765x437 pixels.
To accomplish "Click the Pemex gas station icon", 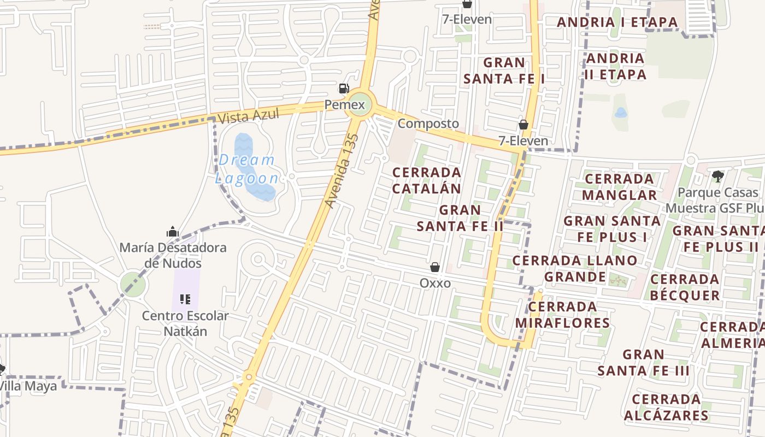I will (x=344, y=88).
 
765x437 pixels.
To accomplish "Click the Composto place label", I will (x=428, y=123).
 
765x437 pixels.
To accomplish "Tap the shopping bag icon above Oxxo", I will (x=435, y=267).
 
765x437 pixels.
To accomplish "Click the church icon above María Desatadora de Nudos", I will (x=173, y=232).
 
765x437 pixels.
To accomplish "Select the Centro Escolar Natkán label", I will (x=185, y=323).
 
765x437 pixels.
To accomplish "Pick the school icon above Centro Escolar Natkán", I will (x=185, y=299).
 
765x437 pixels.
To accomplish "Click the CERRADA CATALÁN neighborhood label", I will (x=427, y=180).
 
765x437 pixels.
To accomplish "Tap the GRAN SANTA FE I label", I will (x=504, y=70).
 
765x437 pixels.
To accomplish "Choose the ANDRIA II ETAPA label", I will (x=615, y=66).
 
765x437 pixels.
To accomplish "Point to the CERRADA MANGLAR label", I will (x=619, y=187).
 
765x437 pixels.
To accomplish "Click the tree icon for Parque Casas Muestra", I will (x=717, y=176).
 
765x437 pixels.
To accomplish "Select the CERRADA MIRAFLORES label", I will (x=562, y=315).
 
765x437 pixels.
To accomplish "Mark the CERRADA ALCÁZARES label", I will (x=666, y=407).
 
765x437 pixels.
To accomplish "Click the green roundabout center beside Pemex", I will (x=360, y=104).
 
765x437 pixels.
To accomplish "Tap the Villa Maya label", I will (x=28, y=386).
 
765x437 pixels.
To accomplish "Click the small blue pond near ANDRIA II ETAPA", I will (x=620, y=113).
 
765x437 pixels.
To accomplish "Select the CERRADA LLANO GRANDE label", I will (x=575, y=268).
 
